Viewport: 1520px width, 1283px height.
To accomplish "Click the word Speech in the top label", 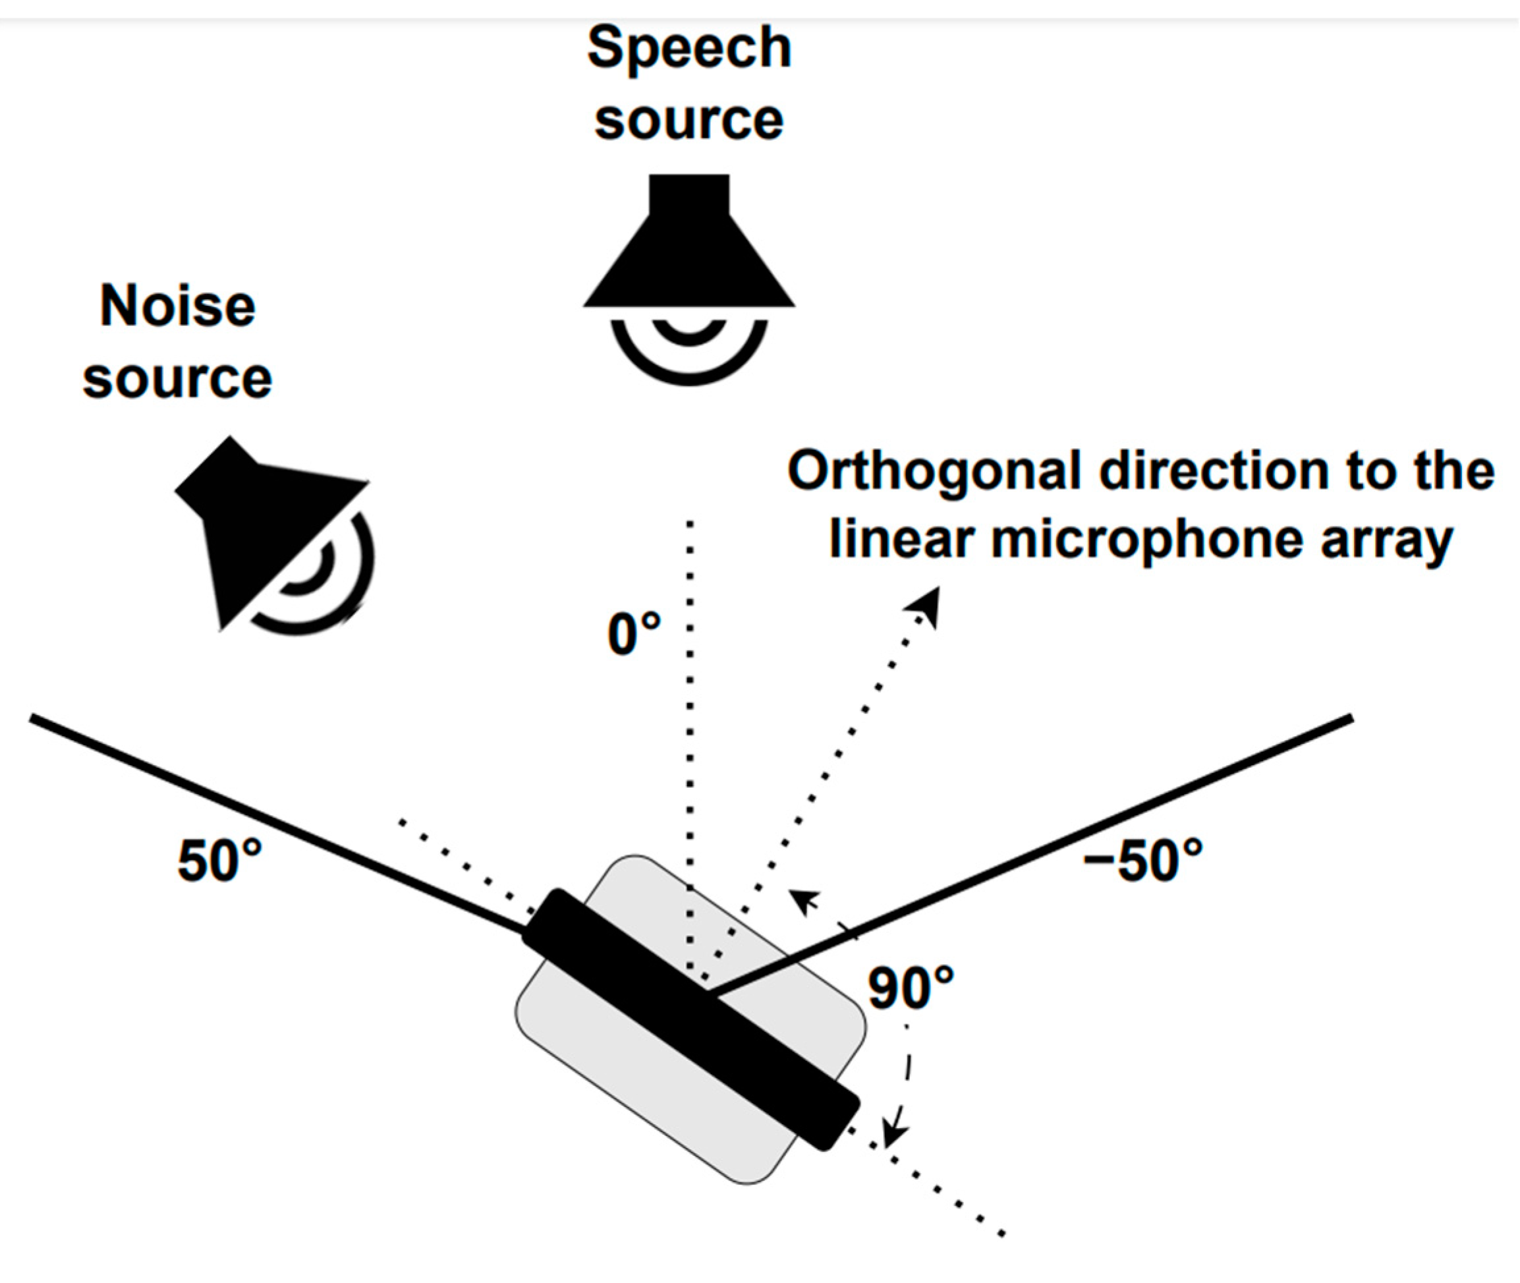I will tap(689, 49).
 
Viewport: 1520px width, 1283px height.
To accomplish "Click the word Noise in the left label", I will tap(177, 306).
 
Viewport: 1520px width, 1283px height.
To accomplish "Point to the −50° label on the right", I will tap(1142, 861).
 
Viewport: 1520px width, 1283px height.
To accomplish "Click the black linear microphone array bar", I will tap(691, 1018).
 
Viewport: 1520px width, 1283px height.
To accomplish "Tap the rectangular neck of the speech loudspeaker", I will tap(689, 194).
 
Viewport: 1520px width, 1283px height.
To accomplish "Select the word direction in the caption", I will tap(1215, 472).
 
